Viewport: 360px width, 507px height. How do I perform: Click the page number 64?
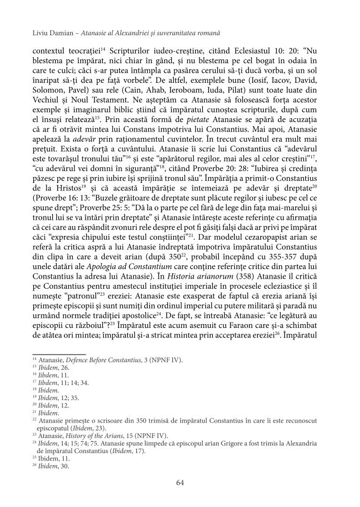coord(180,482)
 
